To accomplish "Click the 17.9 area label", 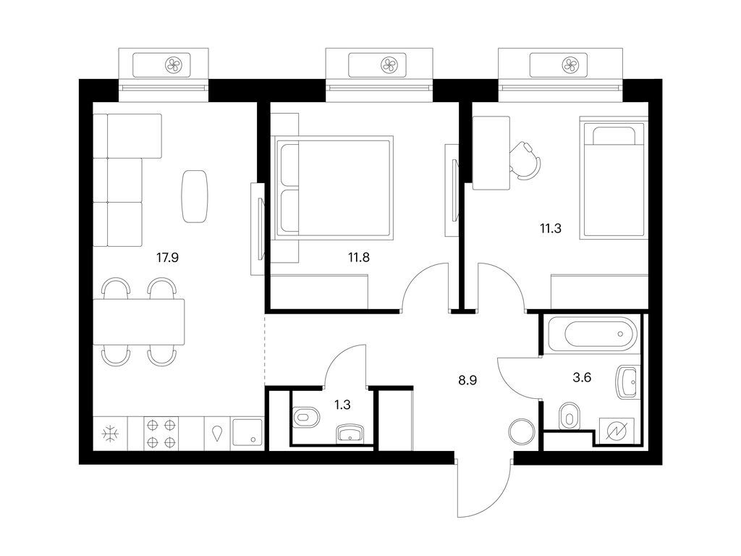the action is pyautogui.click(x=167, y=258).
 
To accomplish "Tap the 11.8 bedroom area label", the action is pyautogui.click(x=359, y=258).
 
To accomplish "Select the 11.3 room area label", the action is pyautogui.click(x=551, y=229).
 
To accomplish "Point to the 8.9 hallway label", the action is pyautogui.click(x=467, y=380).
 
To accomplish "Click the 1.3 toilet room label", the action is pyautogui.click(x=342, y=405).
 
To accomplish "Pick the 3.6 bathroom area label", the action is pyautogui.click(x=582, y=378).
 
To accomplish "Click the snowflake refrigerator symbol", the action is pyautogui.click(x=111, y=434).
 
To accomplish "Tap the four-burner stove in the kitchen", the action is pyautogui.click(x=161, y=433).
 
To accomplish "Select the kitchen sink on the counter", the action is pyautogui.click(x=247, y=433).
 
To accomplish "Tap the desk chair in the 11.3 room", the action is pyautogui.click(x=525, y=160).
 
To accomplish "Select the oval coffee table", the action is pyautogui.click(x=195, y=196).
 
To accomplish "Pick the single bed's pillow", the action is pyautogui.click(x=614, y=135).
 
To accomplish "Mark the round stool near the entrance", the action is pyautogui.click(x=522, y=431).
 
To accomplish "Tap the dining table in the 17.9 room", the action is pyautogui.click(x=138, y=322).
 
